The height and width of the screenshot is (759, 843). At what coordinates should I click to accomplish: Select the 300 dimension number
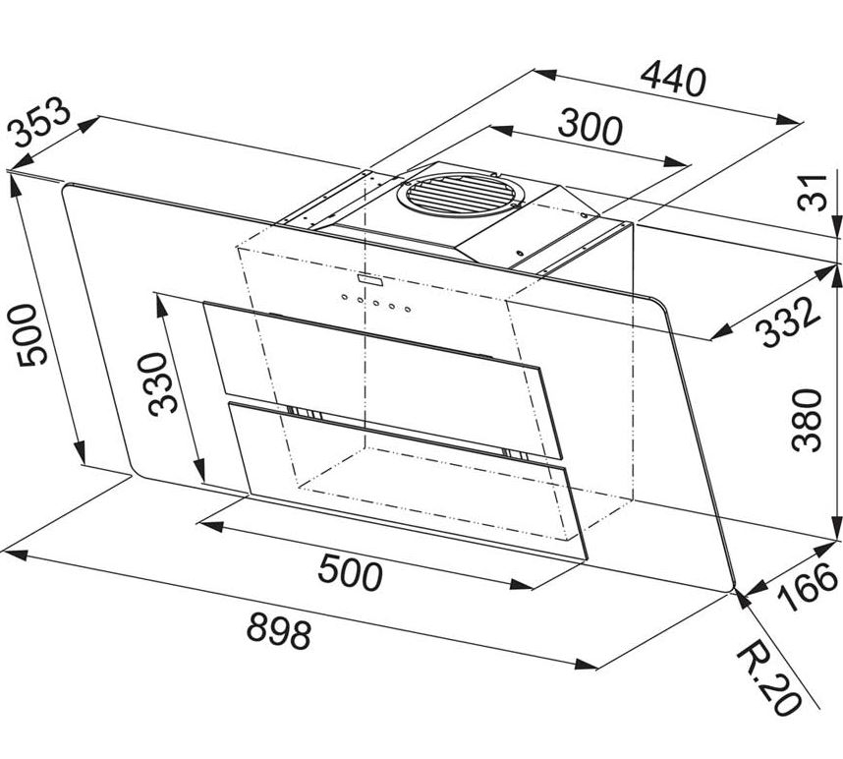[x=590, y=127]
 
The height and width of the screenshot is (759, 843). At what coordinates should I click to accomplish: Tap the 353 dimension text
[x=40, y=122]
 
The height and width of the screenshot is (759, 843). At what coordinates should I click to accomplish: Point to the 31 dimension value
[x=814, y=193]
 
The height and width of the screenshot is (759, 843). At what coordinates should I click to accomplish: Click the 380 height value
[x=807, y=420]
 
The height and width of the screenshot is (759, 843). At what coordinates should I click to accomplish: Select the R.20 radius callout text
[x=768, y=677]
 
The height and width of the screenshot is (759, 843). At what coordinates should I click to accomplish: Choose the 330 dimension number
[x=163, y=384]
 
